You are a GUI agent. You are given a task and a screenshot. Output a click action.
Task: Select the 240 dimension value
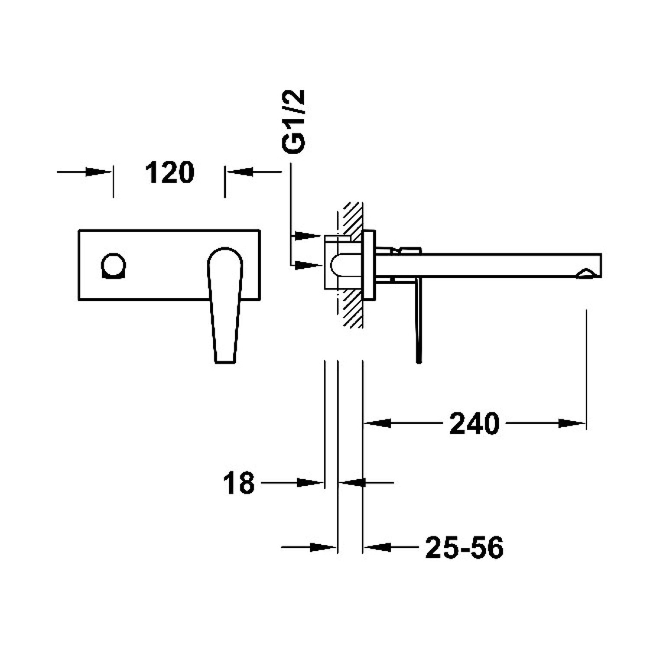pyautogui.click(x=474, y=423)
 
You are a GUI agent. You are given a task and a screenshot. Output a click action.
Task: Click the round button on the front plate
pyautogui.click(x=114, y=265)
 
